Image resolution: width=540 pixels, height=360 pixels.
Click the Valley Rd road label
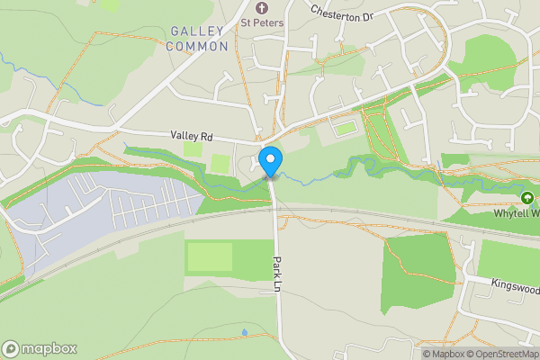coord(192,137)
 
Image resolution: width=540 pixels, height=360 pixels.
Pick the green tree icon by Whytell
coord(527,197)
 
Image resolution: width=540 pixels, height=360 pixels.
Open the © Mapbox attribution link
coord(442,354)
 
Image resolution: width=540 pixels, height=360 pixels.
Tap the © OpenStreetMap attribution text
coord(501,354)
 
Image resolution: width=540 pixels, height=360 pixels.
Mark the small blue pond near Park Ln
coord(245,332)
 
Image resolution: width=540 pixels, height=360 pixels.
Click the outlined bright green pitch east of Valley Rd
coord(345,129)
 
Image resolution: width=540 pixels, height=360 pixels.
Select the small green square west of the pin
coord(220,164)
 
